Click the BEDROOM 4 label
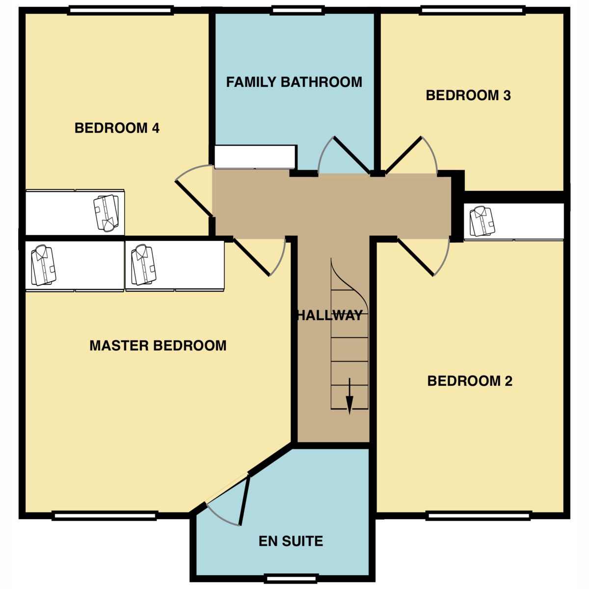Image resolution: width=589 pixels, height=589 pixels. [117, 128]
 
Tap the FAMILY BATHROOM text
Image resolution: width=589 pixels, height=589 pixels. [294, 82]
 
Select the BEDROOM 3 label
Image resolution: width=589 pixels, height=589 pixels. [468, 95]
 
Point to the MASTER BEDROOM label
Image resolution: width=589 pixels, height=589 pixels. [158, 346]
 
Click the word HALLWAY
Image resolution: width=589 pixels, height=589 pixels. [330, 315]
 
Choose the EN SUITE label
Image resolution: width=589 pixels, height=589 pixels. [291, 541]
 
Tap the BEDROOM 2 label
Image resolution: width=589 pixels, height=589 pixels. [470, 381]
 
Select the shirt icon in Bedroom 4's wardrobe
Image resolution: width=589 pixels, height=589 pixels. [107, 213]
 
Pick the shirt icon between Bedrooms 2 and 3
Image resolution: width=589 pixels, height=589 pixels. [482, 221]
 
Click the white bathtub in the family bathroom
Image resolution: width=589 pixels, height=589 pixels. [255, 157]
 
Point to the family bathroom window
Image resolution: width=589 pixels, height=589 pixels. [298, 10]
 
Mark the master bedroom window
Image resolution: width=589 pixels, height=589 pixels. [104, 515]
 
